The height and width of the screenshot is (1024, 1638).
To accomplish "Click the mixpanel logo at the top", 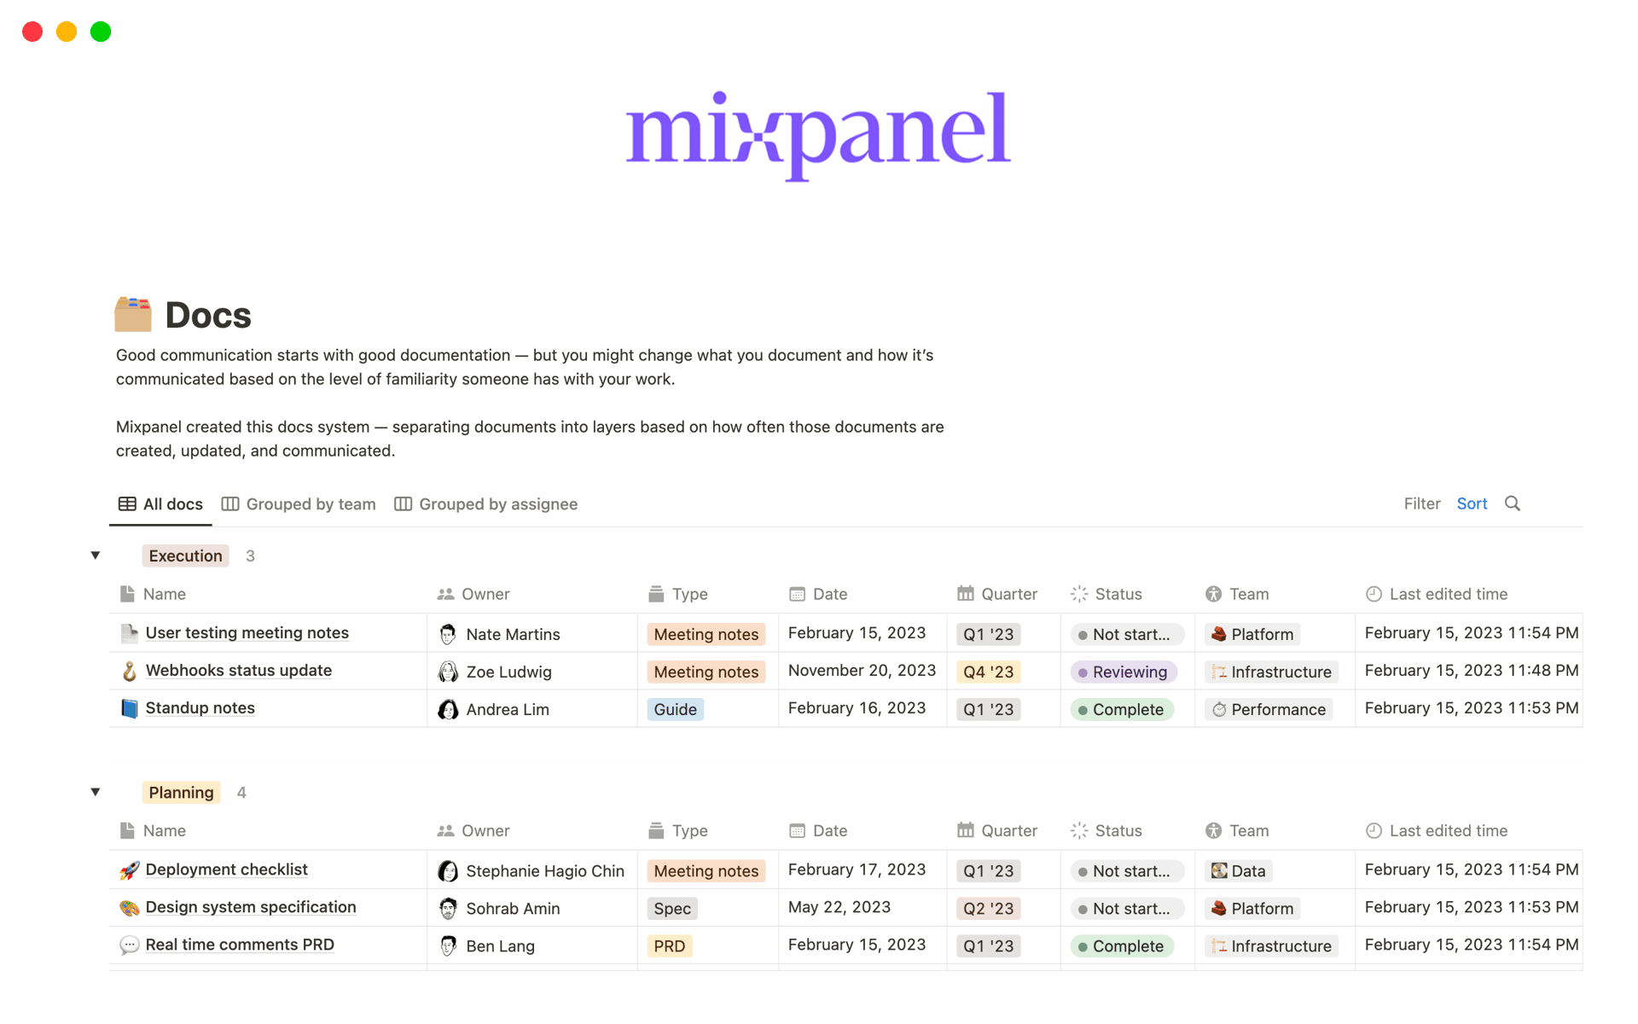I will (818, 134).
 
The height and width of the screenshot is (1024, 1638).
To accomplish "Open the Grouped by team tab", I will (299, 504).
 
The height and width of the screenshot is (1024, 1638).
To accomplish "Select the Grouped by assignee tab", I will (486, 504).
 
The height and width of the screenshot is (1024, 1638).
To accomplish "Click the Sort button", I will (1472, 503).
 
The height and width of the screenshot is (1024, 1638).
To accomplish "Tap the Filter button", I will (1421, 503).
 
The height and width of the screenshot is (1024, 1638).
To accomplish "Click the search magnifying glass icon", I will (1513, 503).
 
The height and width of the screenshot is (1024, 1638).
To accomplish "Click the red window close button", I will (32, 32).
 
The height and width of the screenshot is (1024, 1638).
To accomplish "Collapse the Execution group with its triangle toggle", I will (96, 556).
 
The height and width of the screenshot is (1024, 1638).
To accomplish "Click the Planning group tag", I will (181, 793).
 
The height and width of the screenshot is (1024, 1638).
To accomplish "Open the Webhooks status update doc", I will (238, 671).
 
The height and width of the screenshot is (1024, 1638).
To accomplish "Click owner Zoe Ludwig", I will (508, 672).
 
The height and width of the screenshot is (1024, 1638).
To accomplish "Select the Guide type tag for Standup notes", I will (675, 710).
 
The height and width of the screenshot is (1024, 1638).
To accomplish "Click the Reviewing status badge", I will (1124, 672).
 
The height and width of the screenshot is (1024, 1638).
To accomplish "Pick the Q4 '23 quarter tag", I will (988, 672).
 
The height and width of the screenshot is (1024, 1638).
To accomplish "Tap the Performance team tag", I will (1269, 710).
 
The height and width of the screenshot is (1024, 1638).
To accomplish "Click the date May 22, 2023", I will (839, 907).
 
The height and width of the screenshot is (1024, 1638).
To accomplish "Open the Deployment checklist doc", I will (226, 870).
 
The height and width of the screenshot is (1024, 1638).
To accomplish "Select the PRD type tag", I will (669, 946).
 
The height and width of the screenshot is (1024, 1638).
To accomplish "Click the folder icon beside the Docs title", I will (133, 315).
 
